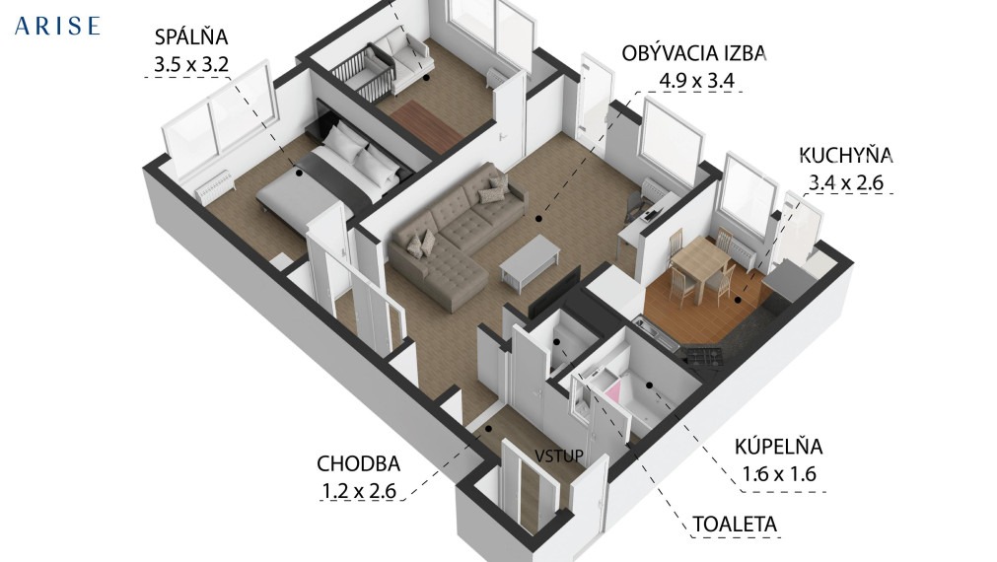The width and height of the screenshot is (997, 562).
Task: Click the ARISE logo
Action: [57, 26]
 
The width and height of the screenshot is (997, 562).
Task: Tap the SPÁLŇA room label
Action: [191, 38]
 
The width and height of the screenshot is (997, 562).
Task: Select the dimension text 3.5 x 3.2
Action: [191, 66]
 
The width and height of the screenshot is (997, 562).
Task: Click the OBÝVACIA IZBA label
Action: [693, 53]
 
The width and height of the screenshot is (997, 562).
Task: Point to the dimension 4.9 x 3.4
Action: [693, 81]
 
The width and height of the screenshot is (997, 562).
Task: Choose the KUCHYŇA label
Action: [846, 155]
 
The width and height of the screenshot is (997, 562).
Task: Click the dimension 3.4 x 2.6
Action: [846, 181]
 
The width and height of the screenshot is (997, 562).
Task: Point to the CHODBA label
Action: [358, 463]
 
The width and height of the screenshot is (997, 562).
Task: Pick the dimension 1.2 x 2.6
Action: [358, 490]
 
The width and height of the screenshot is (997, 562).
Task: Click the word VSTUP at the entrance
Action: [559, 456]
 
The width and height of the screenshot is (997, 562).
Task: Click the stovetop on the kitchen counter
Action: [704, 355]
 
